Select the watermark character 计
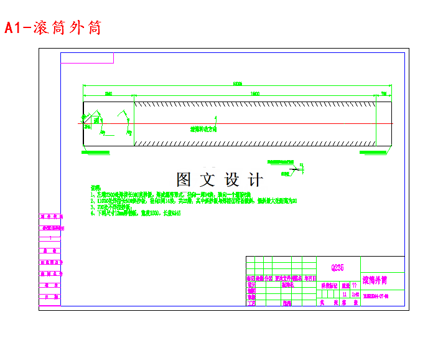(x=255, y=180)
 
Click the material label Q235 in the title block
(x=337, y=268)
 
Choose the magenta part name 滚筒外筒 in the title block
(x=375, y=281)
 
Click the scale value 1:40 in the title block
(x=355, y=294)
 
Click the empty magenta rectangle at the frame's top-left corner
(x=87, y=58)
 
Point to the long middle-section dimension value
(x=255, y=93)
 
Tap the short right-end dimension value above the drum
(x=384, y=93)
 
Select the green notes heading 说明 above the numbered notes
(x=96, y=187)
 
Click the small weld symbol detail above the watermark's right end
(x=292, y=168)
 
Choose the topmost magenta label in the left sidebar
(x=49, y=217)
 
